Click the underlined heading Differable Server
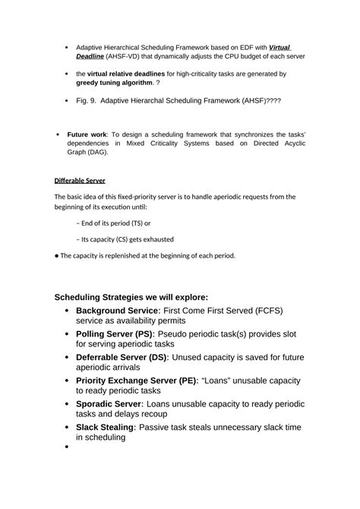pyautogui.click(x=80, y=180)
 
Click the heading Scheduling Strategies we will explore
pyautogui.click(x=131, y=297)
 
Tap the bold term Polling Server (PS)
pyautogui.click(x=115, y=334)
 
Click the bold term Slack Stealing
pyautogui.click(x=105, y=428)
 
